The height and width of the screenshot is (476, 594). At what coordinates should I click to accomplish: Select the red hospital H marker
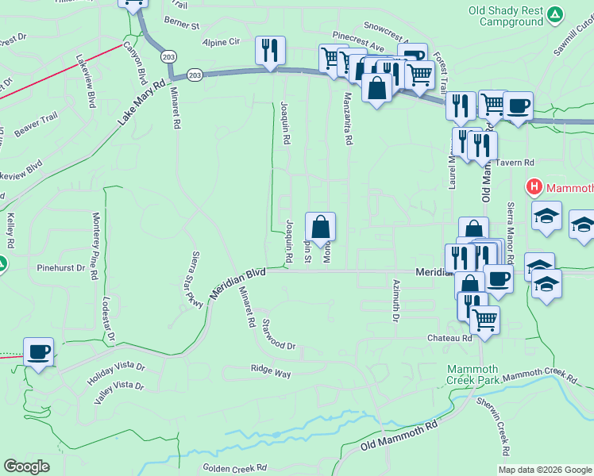(x=535, y=188)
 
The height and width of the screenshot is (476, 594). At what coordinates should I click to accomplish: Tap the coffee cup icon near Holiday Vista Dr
(x=38, y=351)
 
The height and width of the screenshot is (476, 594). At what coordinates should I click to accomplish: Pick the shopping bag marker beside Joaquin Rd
(x=320, y=227)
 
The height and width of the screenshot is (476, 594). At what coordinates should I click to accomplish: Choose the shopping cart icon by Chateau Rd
(x=484, y=320)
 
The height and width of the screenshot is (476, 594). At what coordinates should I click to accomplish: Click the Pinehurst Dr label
(x=61, y=268)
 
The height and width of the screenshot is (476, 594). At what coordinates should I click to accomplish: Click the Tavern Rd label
(x=516, y=163)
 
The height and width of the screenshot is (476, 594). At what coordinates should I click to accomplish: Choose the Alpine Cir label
(x=221, y=41)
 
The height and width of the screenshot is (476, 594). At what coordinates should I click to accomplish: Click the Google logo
(x=26, y=466)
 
